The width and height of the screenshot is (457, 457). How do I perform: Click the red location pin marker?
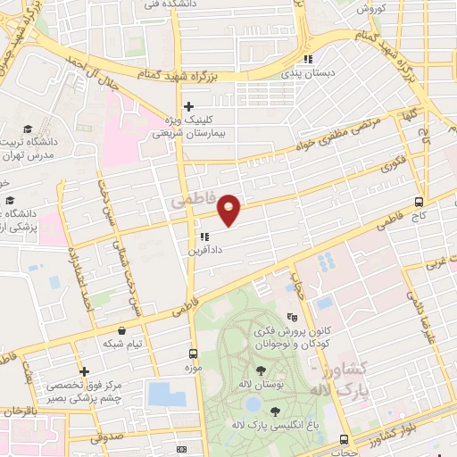[x=229, y=209]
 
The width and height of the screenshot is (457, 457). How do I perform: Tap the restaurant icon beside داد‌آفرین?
[x=204, y=237]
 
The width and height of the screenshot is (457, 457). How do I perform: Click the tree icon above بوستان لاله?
[x=261, y=370]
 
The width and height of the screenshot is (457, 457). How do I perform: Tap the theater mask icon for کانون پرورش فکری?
[x=292, y=317]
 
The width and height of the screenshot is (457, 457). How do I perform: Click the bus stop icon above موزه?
[x=191, y=353]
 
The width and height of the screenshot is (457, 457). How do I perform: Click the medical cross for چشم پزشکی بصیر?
[x=84, y=371]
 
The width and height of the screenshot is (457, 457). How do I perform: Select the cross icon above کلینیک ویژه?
[x=188, y=106]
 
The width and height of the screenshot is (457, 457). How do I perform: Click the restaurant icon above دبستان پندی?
[x=308, y=60]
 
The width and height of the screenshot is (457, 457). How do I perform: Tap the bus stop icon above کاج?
[x=420, y=202]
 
